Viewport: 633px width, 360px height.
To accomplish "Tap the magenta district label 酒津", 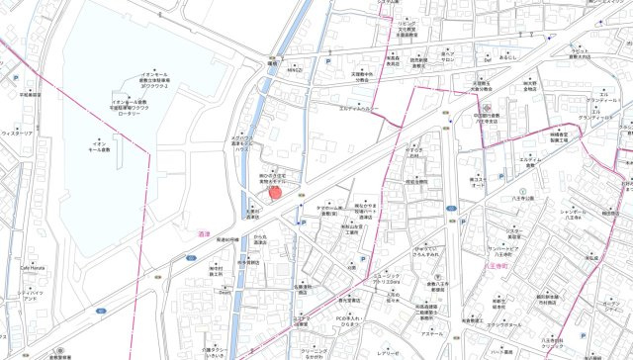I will click(206, 233).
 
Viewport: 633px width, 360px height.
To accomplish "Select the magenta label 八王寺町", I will click(497, 265).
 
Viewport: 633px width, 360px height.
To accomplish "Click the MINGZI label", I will click(295, 70).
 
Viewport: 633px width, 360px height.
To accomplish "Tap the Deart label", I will click(225, 292).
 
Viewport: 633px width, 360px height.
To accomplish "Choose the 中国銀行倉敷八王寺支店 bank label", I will click(488, 118).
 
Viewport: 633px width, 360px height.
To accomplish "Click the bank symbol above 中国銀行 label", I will click(488, 104).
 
